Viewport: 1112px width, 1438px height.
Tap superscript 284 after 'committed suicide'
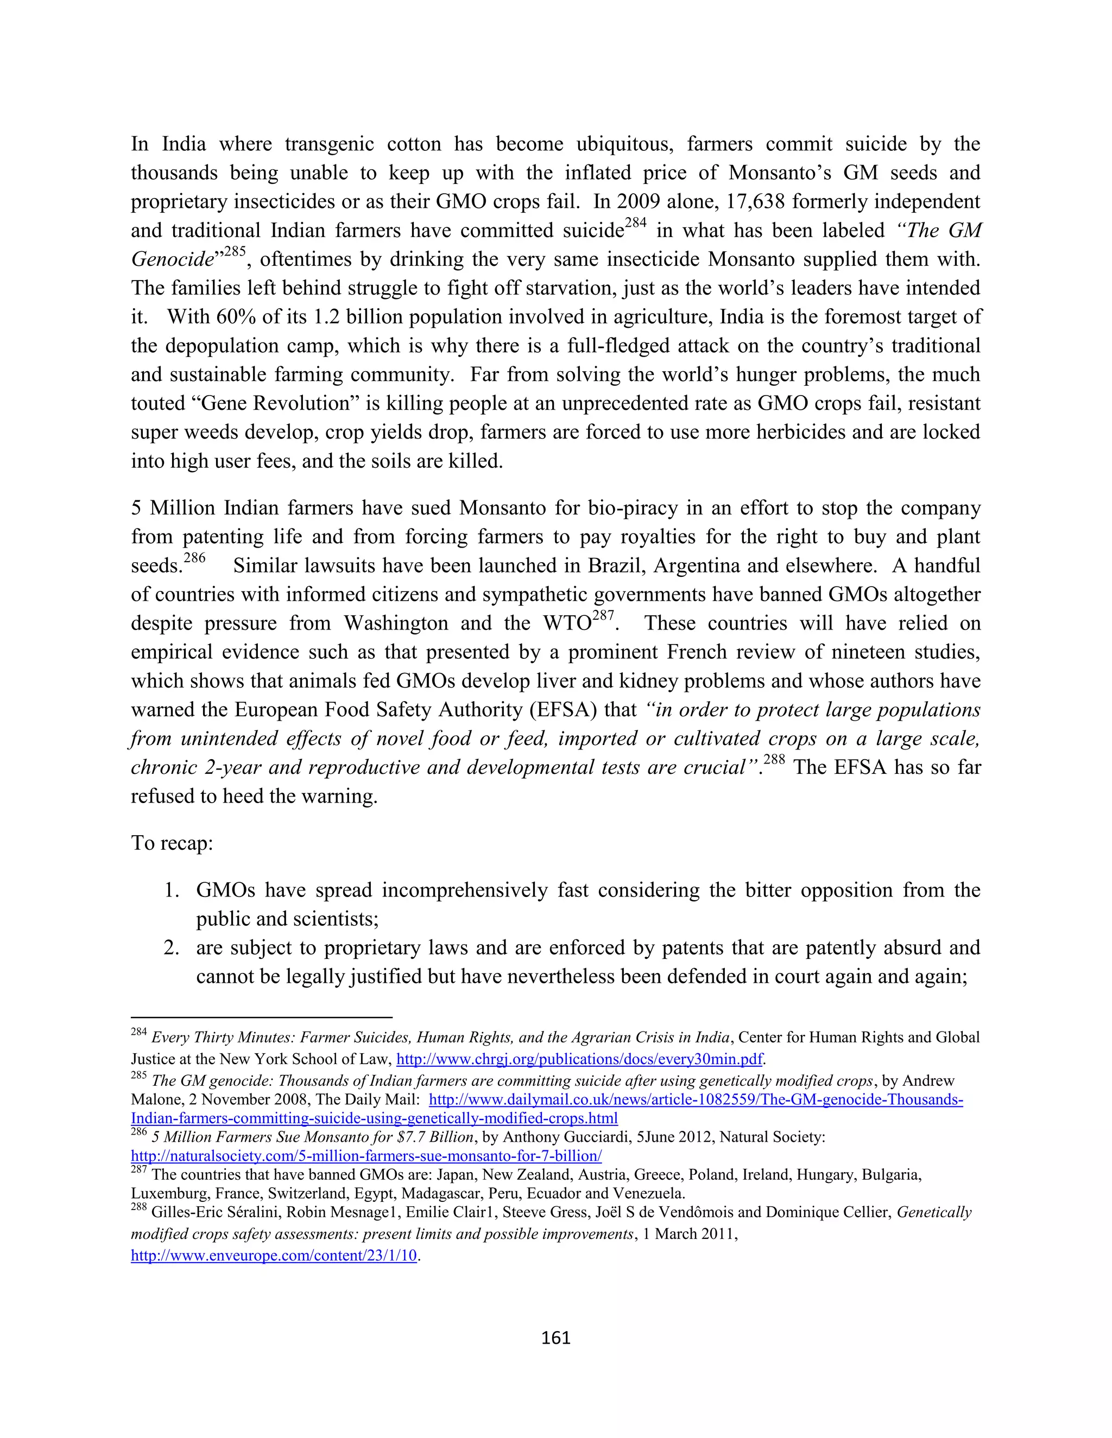[636, 222]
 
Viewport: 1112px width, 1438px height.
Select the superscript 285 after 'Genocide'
[235, 252]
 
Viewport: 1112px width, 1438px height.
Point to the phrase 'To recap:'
[172, 843]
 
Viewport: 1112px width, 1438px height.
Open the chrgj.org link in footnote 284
[579, 1059]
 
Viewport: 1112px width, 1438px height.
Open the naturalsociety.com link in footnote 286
[367, 1155]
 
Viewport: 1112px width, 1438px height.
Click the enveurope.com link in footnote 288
[274, 1255]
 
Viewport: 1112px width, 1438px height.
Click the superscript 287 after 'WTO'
[603, 616]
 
